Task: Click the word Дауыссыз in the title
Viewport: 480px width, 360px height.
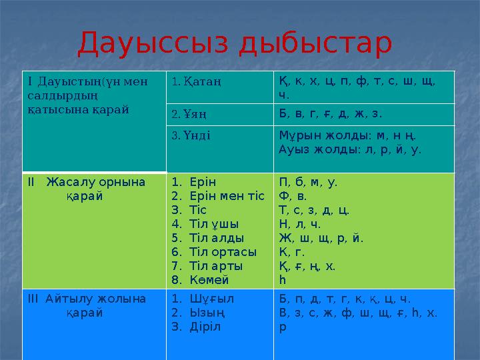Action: pos(153,43)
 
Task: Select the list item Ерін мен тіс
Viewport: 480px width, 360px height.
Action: pos(227,195)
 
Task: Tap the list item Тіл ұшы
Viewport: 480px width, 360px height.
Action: pos(214,223)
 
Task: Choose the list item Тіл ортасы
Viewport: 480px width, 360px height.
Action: pos(223,251)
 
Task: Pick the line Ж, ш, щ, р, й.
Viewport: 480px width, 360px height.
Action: pos(321,237)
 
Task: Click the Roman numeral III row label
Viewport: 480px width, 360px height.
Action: pos(34,298)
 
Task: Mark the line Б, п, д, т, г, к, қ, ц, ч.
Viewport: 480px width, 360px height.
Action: pos(345,298)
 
